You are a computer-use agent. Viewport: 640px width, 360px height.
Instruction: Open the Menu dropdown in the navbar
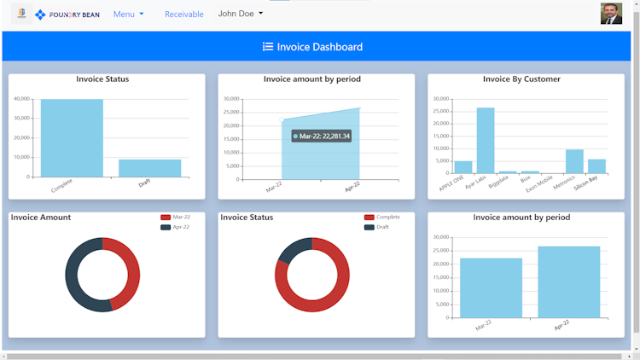[x=128, y=15]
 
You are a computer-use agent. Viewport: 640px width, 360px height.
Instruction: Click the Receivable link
[x=183, y=15]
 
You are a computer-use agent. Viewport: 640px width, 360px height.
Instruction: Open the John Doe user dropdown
[x=240, y=14]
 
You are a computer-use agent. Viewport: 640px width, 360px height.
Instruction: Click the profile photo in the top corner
[x=611, y=15]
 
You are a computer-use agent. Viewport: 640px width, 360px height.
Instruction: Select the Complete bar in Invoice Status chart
[x=72, y=138]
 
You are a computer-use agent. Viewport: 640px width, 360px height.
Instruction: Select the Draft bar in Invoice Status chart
[x=149, y=168]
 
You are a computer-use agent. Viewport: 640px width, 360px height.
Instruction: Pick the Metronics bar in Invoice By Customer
[x=574, y=161]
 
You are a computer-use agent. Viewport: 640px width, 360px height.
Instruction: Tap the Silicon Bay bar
[x=596, y=166]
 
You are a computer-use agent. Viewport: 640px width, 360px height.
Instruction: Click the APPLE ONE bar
[x=463, y=167]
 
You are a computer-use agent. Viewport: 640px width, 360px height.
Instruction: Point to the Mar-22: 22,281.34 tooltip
[x=321, y=136]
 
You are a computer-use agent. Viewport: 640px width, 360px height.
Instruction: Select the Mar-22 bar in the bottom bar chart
[x=491, y=287]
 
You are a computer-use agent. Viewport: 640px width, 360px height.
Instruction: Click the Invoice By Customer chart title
[x=521, y=79]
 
